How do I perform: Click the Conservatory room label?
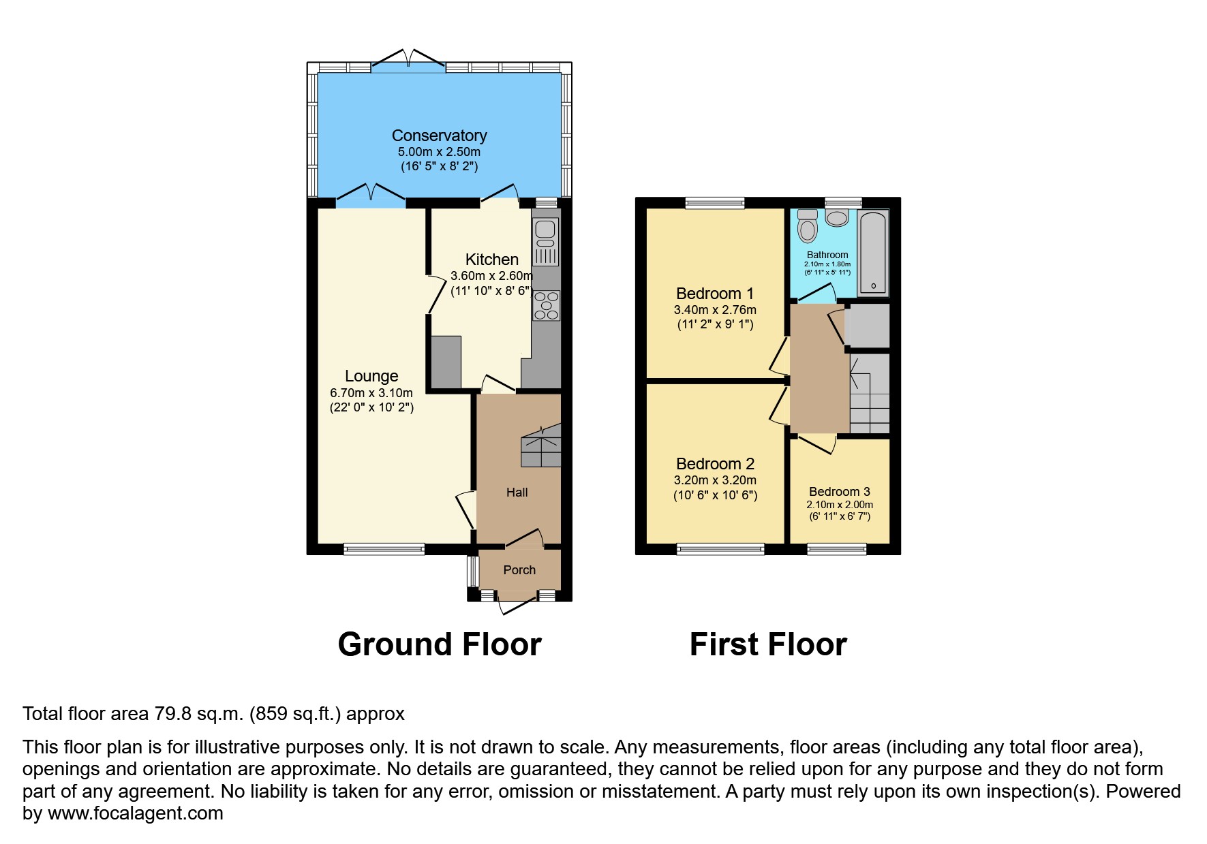pyautogui.click(x=439, y=136)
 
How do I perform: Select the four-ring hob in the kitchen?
pyautogui.click(x=546, y=306)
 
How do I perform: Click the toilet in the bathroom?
pyautogui.click(x=808, y=227)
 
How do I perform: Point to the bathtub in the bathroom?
pyautogui.click(x=873, y=253)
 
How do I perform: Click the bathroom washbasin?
pyautogui.click(x=836, y=218)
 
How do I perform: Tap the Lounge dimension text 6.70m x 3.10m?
pyautogui.click(x=371, y=393)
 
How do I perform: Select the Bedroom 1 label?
pyautogui.click(x=715, y=294)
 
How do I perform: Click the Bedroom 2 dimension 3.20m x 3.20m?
pyautogui.click(x=715, y=480)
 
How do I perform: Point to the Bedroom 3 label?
pyautogui.click(x=839, y=492)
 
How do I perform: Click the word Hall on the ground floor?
pyautogui.click(x=517, y=493)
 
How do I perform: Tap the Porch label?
pyautogui.click(x=519, y=570)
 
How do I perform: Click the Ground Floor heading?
pyautogui.click(x=440, y=644)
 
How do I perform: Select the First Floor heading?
pyautogui.click(x=768, y=644)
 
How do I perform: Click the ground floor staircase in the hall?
pyautogui.click(x=541, y=448)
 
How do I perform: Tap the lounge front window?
pyautogui.click(x=384, y=549)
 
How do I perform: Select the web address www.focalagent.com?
pyautogui.click(x=136, y=813)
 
